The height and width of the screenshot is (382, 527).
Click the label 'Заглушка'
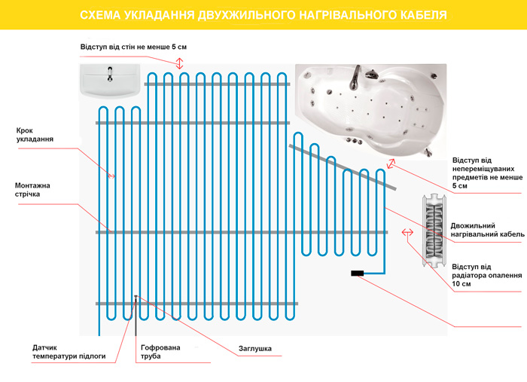click(x=254, y=349)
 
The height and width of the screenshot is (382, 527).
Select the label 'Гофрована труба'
click(x=161, y=353)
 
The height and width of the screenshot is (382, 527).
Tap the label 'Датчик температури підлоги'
click(x=69, y=353)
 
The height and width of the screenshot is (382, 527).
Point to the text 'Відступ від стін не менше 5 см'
click(x=133, y=47)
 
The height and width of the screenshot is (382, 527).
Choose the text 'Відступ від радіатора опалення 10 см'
click(x=486, y=275)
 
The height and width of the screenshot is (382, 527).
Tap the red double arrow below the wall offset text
click(x=180, y=63)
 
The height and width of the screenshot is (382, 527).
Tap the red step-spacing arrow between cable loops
click(x=111, y=176)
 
